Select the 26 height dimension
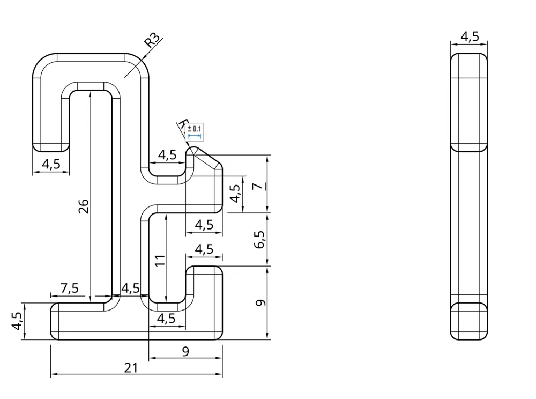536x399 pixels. [x=83, y=206]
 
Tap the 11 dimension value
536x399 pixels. [x=160, y=261]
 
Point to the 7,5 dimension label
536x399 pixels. [x=69, y=288]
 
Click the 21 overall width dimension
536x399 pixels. [x=131, y=368]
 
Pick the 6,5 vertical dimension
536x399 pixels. [x=259, y=239]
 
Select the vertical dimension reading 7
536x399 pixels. [x=258, y=186]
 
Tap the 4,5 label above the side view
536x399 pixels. [x=470, y=36]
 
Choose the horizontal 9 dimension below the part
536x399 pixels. [x=185, y=351]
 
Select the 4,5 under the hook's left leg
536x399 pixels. [x=51, y=164]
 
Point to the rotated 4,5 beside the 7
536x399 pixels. [x=235, y=194]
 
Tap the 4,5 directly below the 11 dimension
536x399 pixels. [x=166, y=318]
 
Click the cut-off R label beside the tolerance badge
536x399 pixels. [x=182, y=125]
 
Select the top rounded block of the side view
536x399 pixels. [x=469, y=102]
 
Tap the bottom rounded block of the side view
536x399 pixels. [x=469, y=321]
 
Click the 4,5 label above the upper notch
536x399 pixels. [x=167, y=155]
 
